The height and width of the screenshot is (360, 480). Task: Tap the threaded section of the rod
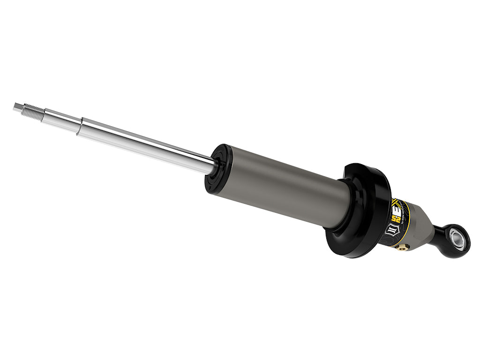33,111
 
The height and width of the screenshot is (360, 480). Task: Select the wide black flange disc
361,213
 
